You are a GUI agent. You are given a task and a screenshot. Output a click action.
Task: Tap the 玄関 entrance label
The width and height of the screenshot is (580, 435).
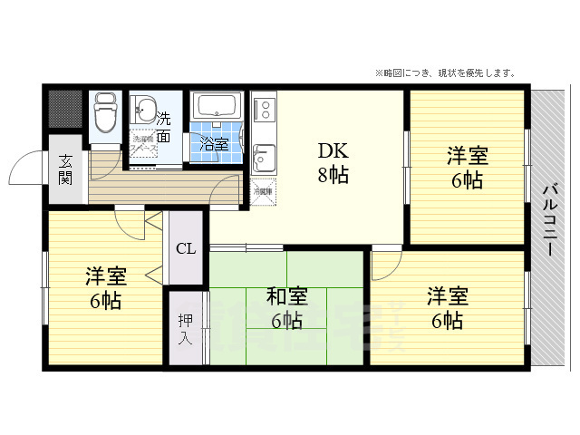66,169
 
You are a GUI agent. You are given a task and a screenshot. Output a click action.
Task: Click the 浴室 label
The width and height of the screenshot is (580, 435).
214,142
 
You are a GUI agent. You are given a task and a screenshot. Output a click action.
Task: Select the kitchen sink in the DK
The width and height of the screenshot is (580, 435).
263,159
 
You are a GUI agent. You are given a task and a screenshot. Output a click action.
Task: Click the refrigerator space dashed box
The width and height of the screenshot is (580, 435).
263,189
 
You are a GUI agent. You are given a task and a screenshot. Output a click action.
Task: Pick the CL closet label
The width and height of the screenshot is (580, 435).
185,248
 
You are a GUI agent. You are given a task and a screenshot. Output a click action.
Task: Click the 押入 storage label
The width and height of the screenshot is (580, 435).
185,328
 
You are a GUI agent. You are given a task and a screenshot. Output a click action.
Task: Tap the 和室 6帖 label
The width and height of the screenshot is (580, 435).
286,308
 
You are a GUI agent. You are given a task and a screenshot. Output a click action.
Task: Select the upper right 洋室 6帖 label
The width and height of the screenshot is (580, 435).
467,168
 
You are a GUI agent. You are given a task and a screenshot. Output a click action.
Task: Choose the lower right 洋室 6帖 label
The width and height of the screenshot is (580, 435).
448,308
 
